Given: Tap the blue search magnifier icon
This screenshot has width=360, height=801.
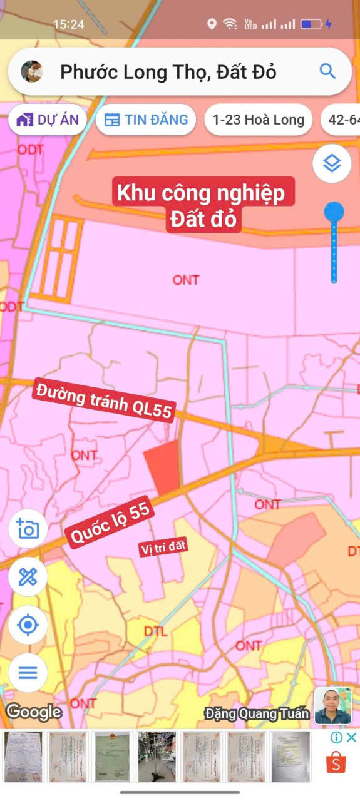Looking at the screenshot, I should [x=327, y=71].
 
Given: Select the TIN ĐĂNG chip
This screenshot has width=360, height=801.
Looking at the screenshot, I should [x=146, y=120].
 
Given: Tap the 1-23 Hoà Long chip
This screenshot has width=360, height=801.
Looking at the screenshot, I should [x=258, y=120].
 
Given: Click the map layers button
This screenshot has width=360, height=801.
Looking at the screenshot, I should [x=332, y=163].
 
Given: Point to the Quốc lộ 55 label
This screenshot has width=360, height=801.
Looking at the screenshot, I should [x=110, y=524].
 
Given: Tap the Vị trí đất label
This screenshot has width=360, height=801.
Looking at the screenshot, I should [x=163, y=548].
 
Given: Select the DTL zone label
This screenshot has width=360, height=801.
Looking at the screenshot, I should [x=155, y=631].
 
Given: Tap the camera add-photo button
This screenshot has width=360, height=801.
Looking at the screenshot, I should [x=28, y=529].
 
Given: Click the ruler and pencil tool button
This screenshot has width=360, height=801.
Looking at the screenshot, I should [x=28, y=576].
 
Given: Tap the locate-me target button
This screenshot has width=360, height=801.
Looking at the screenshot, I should [x=28, y=625].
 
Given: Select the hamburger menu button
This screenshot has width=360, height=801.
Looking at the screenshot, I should [x=28, y=673].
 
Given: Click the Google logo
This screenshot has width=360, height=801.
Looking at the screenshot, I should [x=34, y=712].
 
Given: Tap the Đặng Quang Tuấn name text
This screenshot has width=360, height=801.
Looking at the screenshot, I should [x=257, y=713].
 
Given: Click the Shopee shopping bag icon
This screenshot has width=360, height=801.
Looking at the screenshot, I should [x=336, y=762].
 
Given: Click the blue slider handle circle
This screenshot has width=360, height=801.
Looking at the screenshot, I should [x=334, y=212].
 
